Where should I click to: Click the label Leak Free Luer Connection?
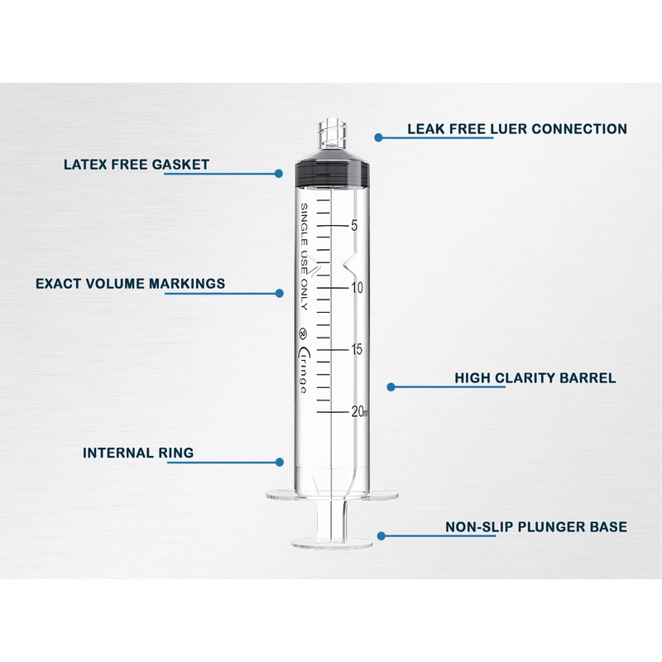coord(516,129)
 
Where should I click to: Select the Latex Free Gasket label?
coord(137,164)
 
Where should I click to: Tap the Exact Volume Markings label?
coord(130,283)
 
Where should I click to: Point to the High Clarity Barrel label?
coord(535,378)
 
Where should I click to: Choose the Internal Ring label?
coord(138,453)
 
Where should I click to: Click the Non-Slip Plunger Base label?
coord(536,526)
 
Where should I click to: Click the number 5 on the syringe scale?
coord(354,225)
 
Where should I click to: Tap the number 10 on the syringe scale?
coord(357,288)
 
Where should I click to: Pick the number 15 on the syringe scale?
coord(357,349)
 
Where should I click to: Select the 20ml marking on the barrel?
coord(360,411)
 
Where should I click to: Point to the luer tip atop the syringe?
coord(331,133)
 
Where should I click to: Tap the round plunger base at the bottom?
coord(331,543)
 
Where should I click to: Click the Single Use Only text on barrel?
coord(304,257)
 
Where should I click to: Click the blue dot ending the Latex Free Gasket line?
coord(279,174)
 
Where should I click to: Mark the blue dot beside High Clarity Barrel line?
coord(391,386)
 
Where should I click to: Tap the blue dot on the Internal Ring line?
coord(280,462)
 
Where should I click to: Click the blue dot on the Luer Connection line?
coord(377,137)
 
